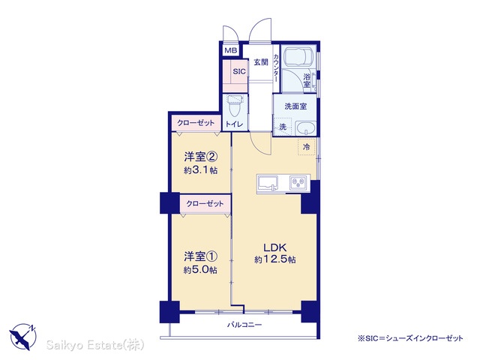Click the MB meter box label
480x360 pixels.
click(230, 50)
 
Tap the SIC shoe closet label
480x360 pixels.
click(239, 71)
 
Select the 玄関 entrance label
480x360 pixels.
click(260, 62)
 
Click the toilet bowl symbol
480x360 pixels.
click(235, 106)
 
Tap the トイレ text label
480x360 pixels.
click(235, 124)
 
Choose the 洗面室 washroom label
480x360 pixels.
click(295, 106)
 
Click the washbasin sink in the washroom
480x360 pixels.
click(306, 128)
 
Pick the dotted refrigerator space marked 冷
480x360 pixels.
click(307, 147)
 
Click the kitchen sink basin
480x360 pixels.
click(268, 182)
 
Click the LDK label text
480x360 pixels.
click(275, 247)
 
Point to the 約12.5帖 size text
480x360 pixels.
click(275, 260)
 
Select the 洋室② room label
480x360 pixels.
click(201, 157)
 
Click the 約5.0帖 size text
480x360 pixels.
click(201, 270)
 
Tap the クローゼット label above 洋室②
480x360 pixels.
click(196, 123)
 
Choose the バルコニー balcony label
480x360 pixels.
click(244, 325)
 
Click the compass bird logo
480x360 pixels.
click(22, 337)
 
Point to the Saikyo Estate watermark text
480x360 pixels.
click(95, 345)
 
